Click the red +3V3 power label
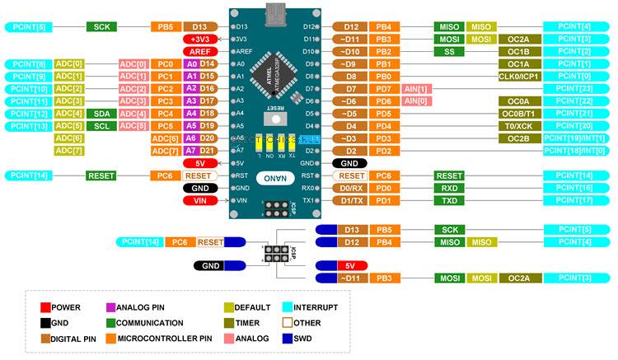199,39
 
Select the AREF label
199,51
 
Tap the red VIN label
199,200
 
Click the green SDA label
101,113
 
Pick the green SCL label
101,125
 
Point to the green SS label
448,51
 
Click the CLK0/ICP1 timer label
518,76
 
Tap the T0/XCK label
518,125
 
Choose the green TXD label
448,200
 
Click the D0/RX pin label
351,188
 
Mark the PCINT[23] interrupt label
574,88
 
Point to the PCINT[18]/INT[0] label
574,151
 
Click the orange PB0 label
384,76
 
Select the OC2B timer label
518,138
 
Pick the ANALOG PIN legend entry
140,307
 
